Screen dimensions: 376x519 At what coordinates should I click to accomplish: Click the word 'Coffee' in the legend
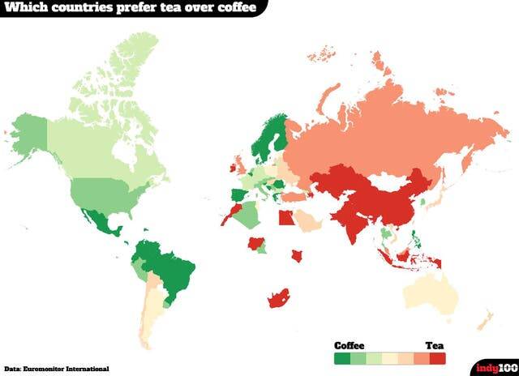point(350,344)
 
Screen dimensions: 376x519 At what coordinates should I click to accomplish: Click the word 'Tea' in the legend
point(435,344)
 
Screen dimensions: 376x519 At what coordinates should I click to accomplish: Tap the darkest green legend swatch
point(341,357)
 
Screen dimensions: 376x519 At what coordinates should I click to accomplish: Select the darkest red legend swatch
point(439,357)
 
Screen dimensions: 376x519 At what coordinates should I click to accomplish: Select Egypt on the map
point(285,217)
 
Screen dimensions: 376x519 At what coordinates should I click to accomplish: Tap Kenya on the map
point(298,255)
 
